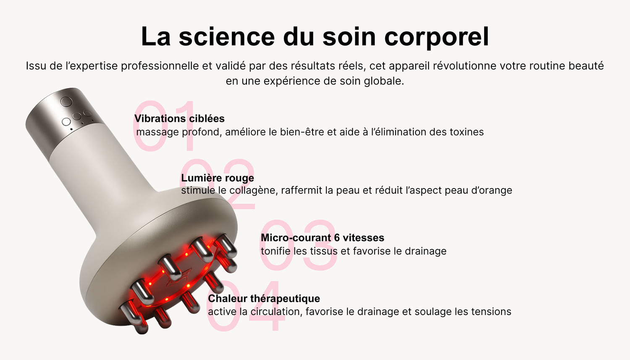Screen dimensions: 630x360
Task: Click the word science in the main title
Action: coord(227,37)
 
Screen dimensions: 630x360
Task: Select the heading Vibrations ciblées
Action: coord(179,118)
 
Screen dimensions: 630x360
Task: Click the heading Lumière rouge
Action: coord(218,178)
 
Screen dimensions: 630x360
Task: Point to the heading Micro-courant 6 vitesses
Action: coord(322,238)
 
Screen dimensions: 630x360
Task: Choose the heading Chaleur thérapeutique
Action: coord(264,298)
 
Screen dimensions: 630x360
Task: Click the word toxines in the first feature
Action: coord(467,132)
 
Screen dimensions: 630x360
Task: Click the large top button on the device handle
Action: coord(66,102)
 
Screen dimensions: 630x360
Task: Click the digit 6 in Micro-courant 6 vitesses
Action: coord(337,238)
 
